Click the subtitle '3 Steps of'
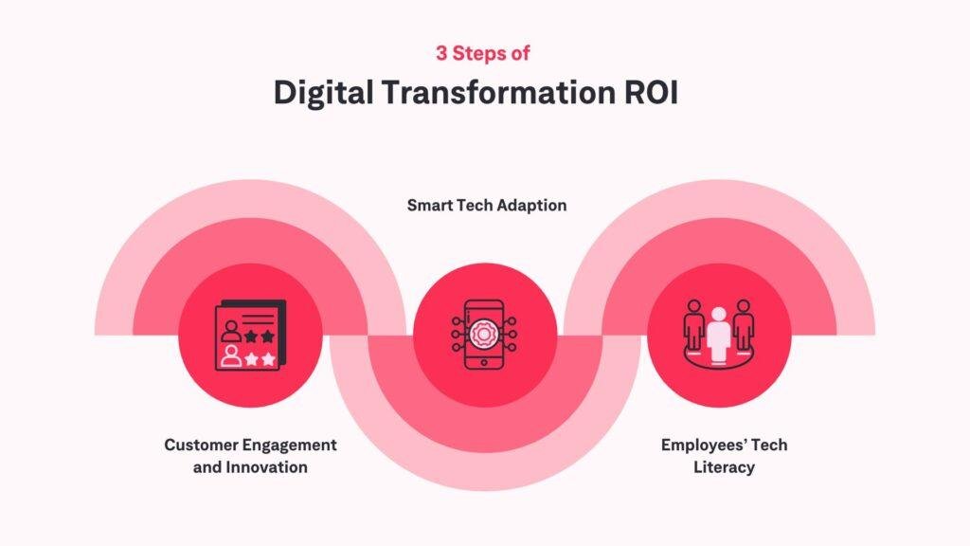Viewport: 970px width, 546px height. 482,53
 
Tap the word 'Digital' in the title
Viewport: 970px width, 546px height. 324,93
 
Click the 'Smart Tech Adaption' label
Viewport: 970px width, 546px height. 487,205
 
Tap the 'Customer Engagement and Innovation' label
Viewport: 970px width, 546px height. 250,456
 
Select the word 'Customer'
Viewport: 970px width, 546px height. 201,445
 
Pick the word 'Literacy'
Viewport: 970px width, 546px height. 724,466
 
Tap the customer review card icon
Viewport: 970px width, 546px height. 250,335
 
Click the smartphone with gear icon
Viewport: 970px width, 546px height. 484,335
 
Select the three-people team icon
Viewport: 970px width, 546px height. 718,335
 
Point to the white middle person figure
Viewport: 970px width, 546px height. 718,335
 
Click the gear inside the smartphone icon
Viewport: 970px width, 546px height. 484,335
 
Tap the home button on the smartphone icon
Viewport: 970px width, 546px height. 484,362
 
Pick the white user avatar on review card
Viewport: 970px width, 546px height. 231,356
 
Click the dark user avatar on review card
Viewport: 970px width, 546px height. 231,331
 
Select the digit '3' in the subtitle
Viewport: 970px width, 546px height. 441,53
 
